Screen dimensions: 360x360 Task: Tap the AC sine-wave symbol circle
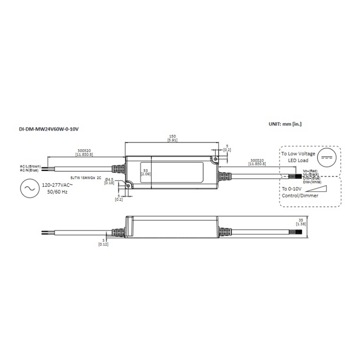[x=27, y=189]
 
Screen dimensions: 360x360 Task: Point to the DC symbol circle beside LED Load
[x=327, y=157]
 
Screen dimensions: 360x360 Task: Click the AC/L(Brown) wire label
[x=30, y=167]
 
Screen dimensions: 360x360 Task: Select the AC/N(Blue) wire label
[x=30, y=171]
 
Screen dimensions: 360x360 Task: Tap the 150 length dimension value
[x=172, y=137]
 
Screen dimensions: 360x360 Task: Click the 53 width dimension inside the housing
[x=146, y=169]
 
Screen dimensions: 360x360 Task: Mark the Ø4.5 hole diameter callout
[x=109, y=179]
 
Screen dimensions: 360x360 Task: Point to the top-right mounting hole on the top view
[x=213, y=159]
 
